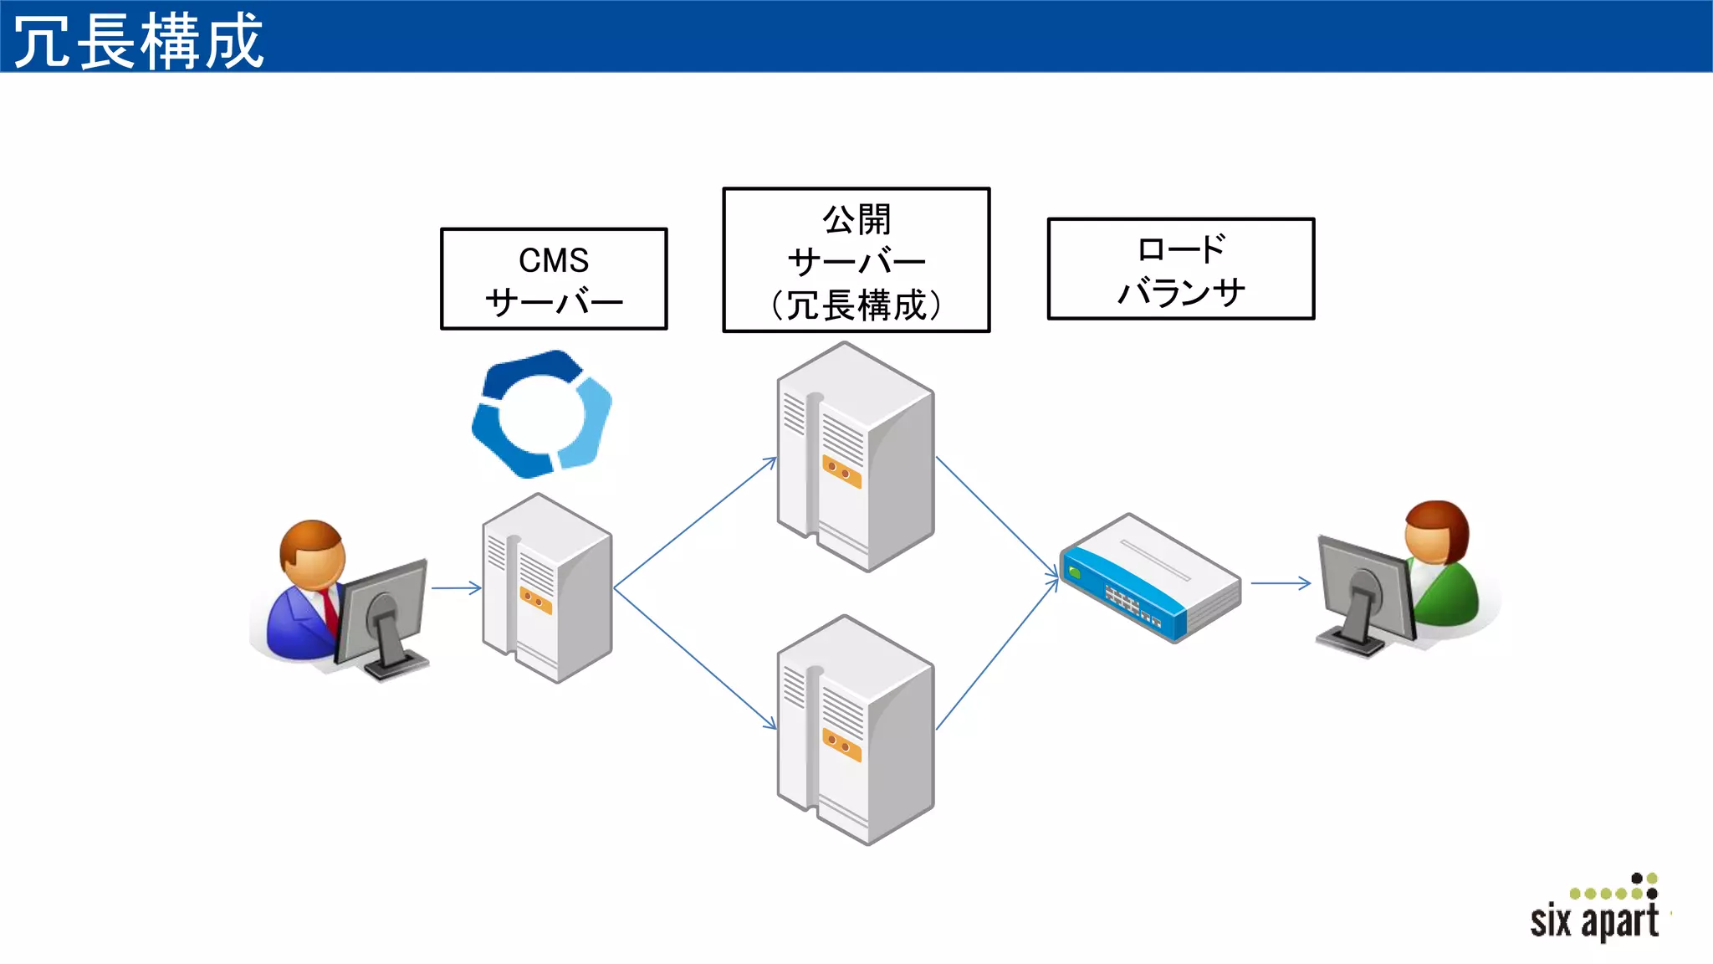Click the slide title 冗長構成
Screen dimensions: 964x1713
pyautogui.click(x=139, y=40)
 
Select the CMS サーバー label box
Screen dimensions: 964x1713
pyautogui.click(x=554, y=279)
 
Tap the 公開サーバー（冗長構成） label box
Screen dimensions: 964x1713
pyautogui.click(x=856, y=260)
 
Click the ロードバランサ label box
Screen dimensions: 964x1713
pyautogui.click(x=1180, y=269)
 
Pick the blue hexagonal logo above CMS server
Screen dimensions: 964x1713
pyautogui.click(x=541, y=415)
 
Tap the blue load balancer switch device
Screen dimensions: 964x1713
pyautogui.click(x=1149, y=578)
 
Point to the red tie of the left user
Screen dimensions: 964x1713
pyautogui.click(x=330, y=611)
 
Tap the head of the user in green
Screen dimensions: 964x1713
pyautogui.click(x=1435, y=532)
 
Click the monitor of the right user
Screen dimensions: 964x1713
pyautogui.click(x=1363, y=590)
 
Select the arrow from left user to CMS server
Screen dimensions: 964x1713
pyautogui.click(x=456, y=588)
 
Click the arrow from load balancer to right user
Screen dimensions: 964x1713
pyautogui.click(x=1280, y=583)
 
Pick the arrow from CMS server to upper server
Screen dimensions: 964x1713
pyautogui.click(x=694, y=523)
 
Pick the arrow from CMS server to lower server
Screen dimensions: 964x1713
pyautogui.click(x=694, y=658)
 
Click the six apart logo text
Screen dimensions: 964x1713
pyautogui.click(x=1593, y=921)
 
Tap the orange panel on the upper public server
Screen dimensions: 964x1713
pyautogui.click(x=841, y=472)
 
